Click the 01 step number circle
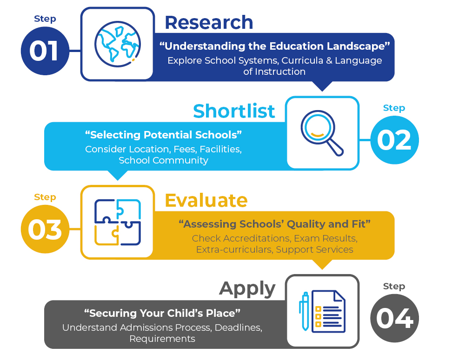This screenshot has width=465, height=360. pyautogui.click(x=45, y=51)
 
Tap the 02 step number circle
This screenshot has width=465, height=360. pyautogui.click(x=394, y=140)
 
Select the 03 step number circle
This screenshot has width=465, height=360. pyautogui.click(x=45, y=229)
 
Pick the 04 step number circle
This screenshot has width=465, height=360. pyautogui.click(x=394, y=318)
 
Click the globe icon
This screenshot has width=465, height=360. pyautogui.click(x=118, y=44)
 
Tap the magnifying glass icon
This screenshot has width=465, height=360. pyautogui.click(x=322, y=133)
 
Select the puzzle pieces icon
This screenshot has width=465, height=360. pyautogui.click(x=118, y=222)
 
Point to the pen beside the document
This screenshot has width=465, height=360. pyautogui.click(x=304, y=311)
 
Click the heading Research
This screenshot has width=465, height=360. pyautogui.click(x=209, y=22)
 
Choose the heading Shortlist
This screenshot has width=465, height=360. pyautogui.click(x=234, y=111)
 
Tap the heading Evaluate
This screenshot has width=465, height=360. pyautogui.click(x=206, y=201)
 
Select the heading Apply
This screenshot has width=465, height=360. pyautogui.click(x=247, y=289)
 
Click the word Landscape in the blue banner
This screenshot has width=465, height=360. pyautogui.click(x=358, y=46)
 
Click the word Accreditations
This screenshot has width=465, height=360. pyautogui.click(x=257, y=238)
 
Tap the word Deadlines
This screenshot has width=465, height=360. pyautogui.click(x=239, y=327)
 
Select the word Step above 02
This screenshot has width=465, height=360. pyautogui.click(x=394, y=108)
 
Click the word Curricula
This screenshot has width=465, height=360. pyautogui.click(x=302, y=60)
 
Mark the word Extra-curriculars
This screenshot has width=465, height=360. pyautogui.click(x=234, y=249)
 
